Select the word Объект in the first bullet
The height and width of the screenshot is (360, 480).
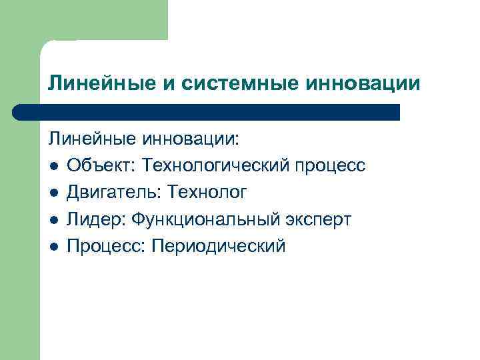pyautogui.click(x=97, y=166)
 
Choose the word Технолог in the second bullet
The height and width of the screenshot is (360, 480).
pyautogui.click(x=207, y=193)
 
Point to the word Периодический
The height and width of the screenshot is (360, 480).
pyautogui.click(x=219, y=246)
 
